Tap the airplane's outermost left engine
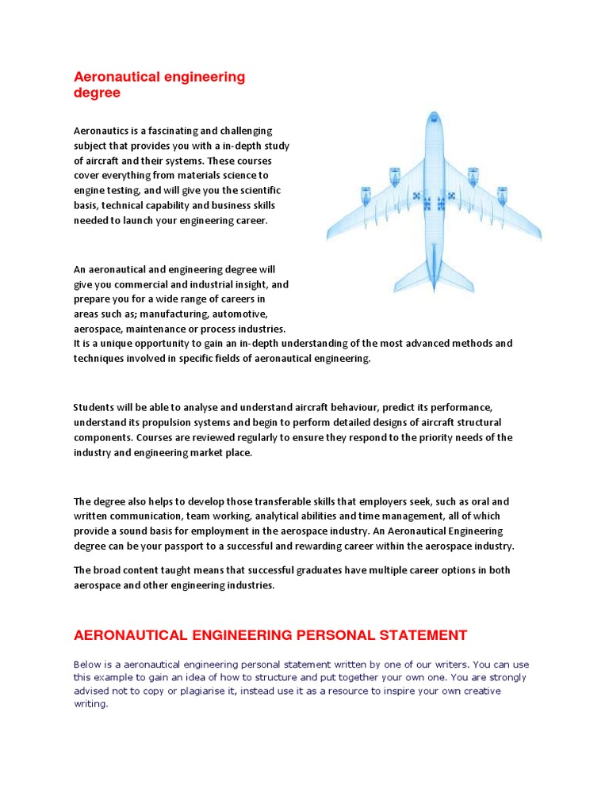click(366, 194)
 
